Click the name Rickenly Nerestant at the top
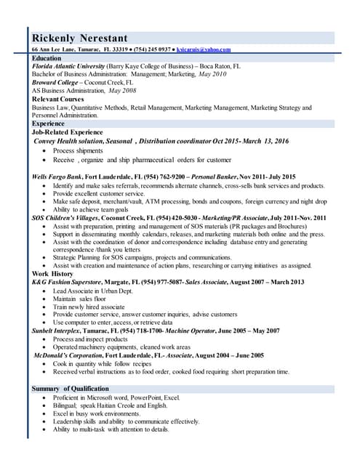pyautogui.click(x=89, y=38)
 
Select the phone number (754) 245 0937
pyautogui.click(x=151, y=50)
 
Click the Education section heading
pyautogui.click(x=47, y=58)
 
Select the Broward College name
pyautogui.click(x=57, y=83)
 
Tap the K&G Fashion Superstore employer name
pyautogui.click(x=72, y=282)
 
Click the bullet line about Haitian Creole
pyautogui.click(x=116, y=406)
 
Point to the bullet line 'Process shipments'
pyautogui.click(x=78, y=150)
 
